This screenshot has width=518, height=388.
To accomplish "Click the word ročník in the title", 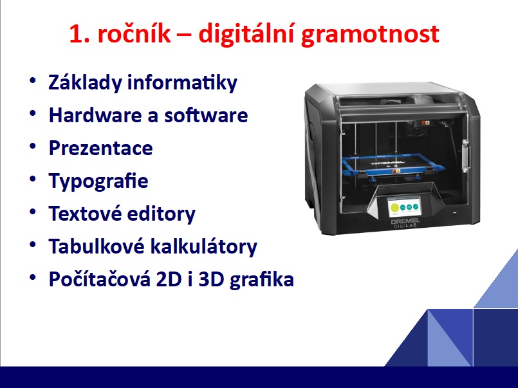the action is (x=134, y=33).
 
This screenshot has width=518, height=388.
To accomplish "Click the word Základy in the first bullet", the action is (x=85, y=82).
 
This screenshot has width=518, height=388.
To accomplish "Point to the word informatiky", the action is (x=182, y=82).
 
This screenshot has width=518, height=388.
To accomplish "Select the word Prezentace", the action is (x=101, y=147).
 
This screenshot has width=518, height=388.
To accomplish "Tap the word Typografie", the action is (x=98, y=181).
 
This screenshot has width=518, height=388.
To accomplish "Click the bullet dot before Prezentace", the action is (x=33, y=146).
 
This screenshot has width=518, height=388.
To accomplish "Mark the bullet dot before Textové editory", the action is (x=33, y=212).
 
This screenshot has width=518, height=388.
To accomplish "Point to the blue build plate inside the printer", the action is (x=393, y=165).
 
